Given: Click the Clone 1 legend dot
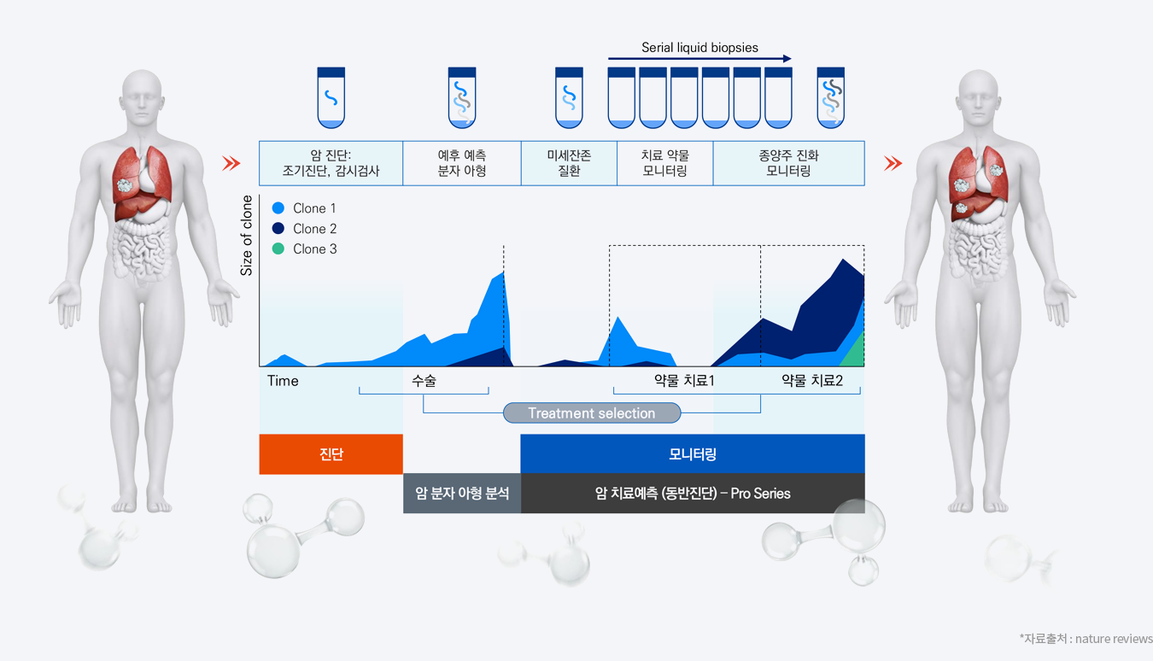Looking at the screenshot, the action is [278, 208].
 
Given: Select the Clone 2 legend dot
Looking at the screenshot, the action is [278, 228].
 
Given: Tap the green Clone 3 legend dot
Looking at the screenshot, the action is [278, 249].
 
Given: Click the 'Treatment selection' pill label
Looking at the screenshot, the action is [592, 412].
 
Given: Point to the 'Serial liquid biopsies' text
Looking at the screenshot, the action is [699, 47].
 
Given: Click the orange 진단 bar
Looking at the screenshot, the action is [331, 454].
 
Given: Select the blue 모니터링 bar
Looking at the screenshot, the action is [693, 453].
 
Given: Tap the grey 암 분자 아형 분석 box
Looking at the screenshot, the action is [462, 493].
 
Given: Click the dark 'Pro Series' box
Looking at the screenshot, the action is [693, 493].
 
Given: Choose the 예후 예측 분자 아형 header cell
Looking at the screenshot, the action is [462, 163].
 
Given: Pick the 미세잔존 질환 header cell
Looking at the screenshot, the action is [569, 163].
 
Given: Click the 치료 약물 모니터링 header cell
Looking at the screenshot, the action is [665, 163].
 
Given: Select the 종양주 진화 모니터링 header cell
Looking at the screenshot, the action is [788, 163].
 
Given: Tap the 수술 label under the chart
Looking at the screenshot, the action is [424, 380].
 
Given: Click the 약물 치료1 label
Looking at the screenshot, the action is [684, 380].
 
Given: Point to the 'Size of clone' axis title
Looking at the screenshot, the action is [247, 235].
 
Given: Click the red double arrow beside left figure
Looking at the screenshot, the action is [231, 163].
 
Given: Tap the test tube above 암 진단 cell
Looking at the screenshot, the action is [331, 97].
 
